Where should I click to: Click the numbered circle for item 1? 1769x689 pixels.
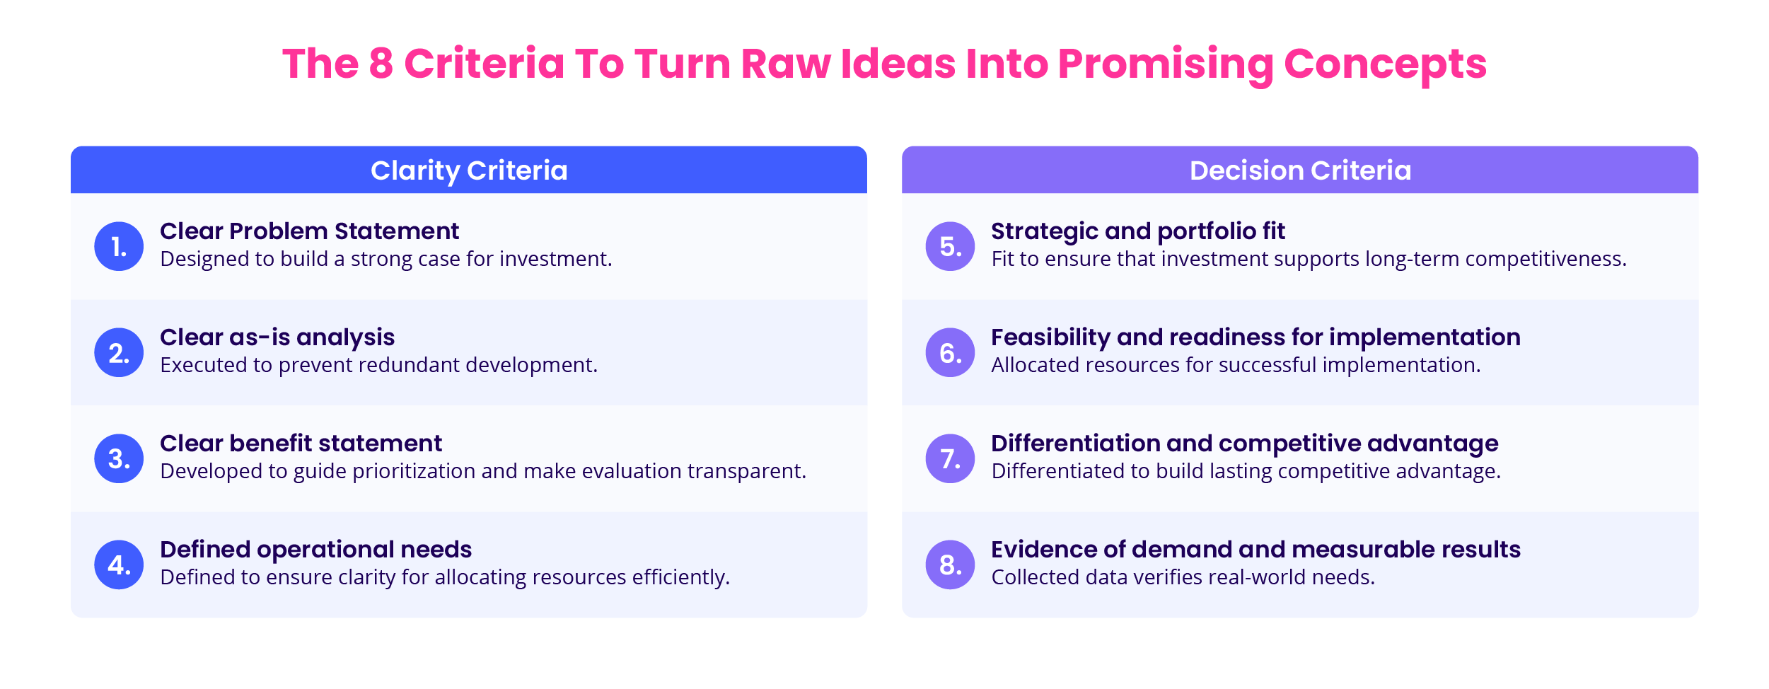[119, 246]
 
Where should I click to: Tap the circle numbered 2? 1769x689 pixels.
[119, 352]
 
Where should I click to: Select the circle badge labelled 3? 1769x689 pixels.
[119, 458]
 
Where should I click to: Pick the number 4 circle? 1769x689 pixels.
[119, 564]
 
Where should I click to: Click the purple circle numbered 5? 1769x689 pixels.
[950, 246]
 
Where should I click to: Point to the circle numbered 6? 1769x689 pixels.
[950, 352]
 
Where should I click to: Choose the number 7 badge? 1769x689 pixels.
[950, 458]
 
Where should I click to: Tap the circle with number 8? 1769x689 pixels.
[950, 564]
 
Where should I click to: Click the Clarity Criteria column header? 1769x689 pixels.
[469, 170]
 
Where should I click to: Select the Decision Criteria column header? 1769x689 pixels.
[1300, 170]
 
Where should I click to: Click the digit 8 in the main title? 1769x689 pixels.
[381, 64]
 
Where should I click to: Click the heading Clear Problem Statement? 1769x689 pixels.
[309, 231]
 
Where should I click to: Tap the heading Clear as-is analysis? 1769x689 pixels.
[277, 337]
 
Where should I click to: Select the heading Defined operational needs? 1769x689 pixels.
[315, 550]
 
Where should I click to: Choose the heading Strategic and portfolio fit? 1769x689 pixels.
[1137, 231]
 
